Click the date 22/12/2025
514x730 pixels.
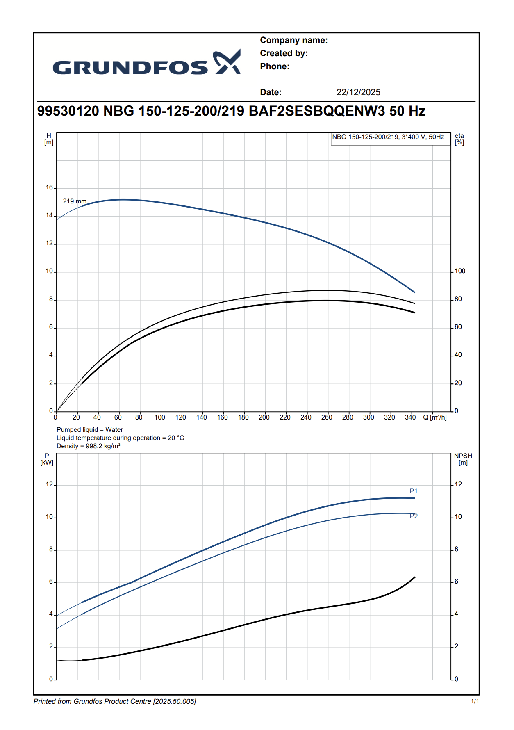point(358,92)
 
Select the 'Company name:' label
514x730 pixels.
point(293,40)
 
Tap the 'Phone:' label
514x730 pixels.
point(275,66)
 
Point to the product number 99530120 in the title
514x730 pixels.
point(68,111)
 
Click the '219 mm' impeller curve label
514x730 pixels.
point(75,201)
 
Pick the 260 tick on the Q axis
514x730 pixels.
point(327,417)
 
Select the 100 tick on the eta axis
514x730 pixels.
point(460,271)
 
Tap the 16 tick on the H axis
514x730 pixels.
point(49,188)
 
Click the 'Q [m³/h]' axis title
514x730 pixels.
point(435,417)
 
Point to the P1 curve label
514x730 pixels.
point(414,491)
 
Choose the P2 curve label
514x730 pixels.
point(414,516)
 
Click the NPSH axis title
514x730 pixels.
point(463,459)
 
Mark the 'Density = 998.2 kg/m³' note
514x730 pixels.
point(89,446)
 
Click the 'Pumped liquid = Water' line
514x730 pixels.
point(90,430)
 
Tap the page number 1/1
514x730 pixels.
point(475,702)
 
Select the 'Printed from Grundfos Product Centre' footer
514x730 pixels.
point(115,702)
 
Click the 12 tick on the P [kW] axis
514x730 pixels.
point(49,485)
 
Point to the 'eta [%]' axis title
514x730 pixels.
point(459,139)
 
